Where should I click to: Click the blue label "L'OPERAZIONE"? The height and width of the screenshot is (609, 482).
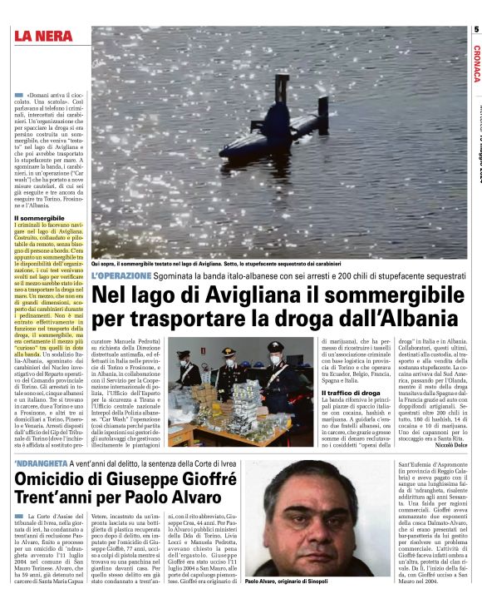click(121, 275)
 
